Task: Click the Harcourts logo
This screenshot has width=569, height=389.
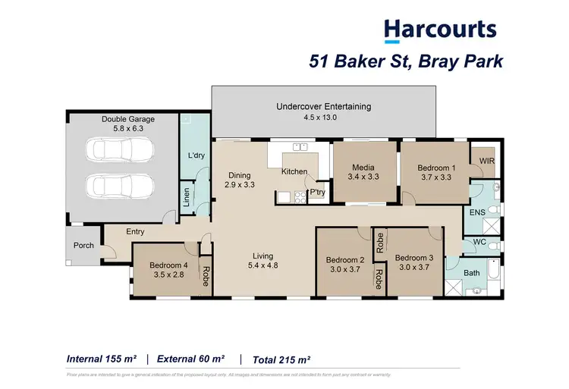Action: coord(440,30)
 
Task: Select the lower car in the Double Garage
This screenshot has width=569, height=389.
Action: coord(121,184)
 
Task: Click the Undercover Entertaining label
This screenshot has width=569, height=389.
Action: coord(324,107)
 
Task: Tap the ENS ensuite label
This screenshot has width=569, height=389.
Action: coord(477,213)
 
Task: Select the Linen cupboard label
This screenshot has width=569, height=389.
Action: coord(186,197)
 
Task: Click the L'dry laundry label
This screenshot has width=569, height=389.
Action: coord(196,156)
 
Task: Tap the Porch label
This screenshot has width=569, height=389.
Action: coord(83,246)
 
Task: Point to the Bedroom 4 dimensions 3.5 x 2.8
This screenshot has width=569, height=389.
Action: coord(167,275)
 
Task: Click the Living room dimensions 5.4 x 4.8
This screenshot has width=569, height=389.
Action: coord(262,267)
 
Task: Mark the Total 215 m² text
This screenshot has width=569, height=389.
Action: coord(281,359)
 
